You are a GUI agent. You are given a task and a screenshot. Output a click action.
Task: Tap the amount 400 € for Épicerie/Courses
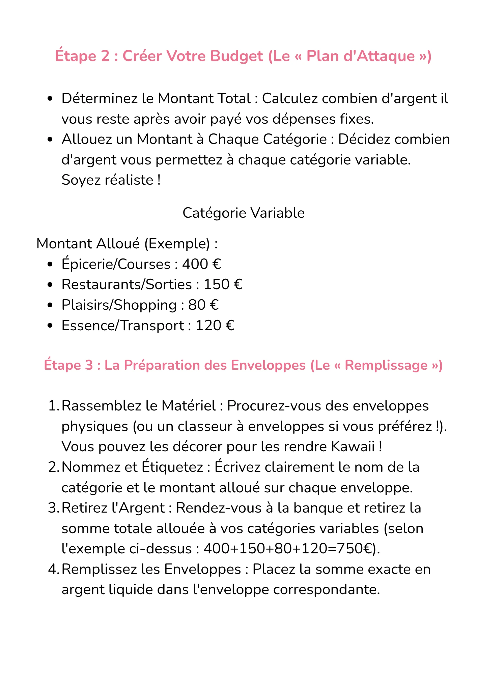[201, 264]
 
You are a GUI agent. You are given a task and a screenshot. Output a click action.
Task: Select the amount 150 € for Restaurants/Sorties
[223, 285]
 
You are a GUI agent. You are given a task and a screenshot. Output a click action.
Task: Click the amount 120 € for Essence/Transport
[215, 326]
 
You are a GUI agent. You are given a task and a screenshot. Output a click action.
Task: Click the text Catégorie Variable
[243, 213]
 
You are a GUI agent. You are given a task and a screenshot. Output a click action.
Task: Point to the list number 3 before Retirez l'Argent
[53, 508]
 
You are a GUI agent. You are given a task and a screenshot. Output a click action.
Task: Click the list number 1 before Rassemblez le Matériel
[53, 406]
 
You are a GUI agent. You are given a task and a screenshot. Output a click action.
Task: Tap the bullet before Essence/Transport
[50, 326]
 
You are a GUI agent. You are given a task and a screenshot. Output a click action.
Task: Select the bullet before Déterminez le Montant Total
[50, 99]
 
